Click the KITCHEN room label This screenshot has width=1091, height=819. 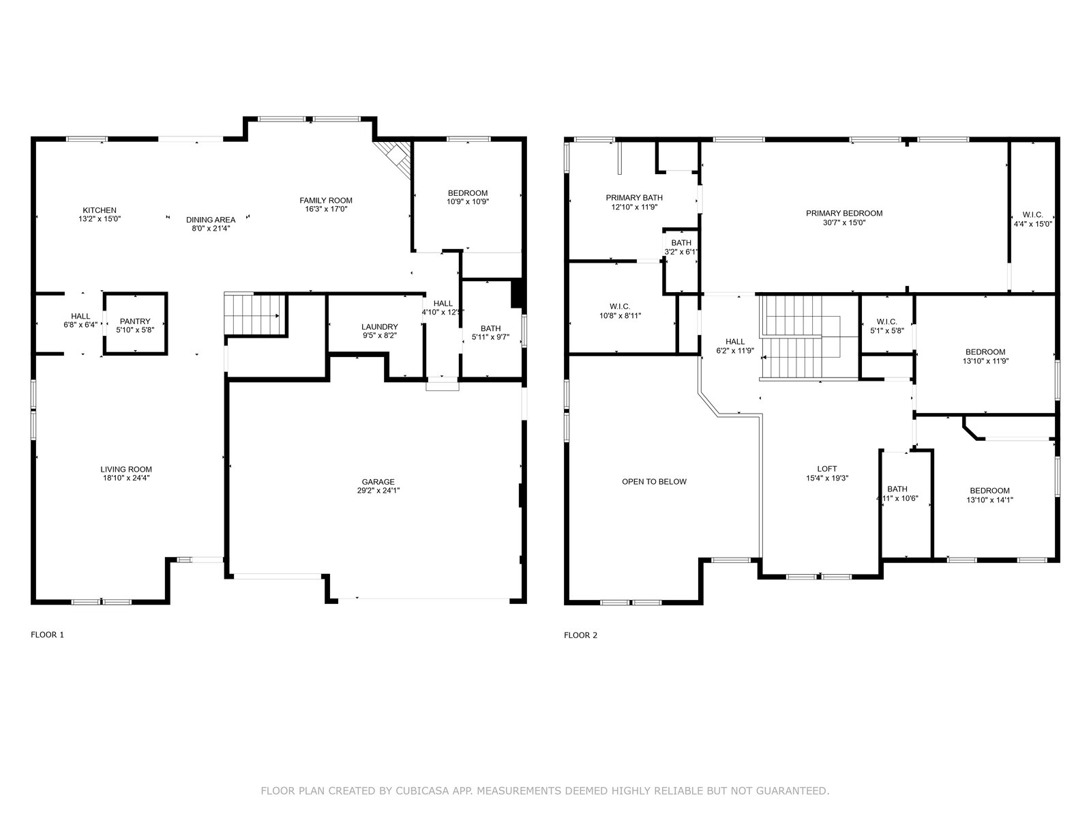point(100,210)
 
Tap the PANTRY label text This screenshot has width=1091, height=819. point(135,321)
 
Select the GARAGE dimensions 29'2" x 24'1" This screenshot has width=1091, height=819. point(378,490)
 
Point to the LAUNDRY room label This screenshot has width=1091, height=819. point(379,327)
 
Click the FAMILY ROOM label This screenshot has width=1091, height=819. point(325,201)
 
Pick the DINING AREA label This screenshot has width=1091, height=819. point(211,220)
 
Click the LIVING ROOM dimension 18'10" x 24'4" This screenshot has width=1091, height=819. point(126,478)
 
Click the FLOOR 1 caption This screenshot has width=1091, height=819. point(47,635)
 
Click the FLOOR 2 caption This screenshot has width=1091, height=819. point(580,635)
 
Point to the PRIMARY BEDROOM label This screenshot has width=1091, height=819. point(844,214)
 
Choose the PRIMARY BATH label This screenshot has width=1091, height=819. point(633,198)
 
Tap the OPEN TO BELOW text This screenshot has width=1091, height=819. point(654,481)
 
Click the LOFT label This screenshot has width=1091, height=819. point(826,469)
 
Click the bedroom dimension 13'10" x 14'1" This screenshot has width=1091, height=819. point(989,500)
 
